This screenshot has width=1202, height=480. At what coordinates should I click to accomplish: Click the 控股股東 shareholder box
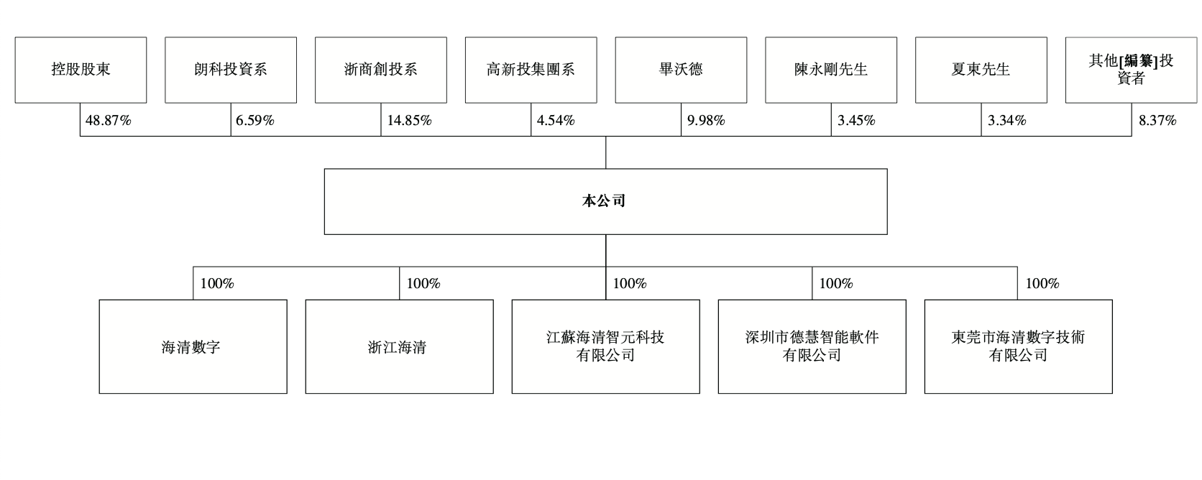coord(81,70)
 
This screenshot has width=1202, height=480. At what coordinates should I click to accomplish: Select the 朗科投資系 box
coord(231,70)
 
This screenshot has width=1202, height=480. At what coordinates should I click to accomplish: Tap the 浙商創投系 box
coord(381,70)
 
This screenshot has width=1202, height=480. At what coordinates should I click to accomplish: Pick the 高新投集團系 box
coord(531,70)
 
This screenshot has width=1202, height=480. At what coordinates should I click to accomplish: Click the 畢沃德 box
coord(681,70)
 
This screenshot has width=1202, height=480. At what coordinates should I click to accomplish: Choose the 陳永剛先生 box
coord(831,70)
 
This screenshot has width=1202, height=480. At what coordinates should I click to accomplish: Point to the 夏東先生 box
coord(981,70)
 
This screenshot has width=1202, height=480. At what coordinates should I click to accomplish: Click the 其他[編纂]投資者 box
coord(1131,70)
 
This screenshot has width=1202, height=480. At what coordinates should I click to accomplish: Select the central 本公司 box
coord(606,202)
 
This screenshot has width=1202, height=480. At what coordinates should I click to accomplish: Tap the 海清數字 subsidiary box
coord(193,346)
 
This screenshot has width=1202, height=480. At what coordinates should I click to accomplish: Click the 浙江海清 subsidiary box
coord(399,346)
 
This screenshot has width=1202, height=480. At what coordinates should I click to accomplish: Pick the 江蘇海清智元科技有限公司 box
coord(606,346)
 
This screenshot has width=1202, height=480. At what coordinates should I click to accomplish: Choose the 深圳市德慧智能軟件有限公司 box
coord(812,346)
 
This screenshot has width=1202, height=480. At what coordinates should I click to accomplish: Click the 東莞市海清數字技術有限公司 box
coord(1019,346)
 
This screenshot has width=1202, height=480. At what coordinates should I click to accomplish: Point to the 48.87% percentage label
coord(109,120)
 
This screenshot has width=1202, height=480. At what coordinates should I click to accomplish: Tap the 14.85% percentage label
coord(410,120)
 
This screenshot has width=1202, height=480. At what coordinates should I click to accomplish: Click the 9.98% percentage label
coord(706,120)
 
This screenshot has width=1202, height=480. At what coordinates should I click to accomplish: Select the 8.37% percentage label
coord(1157,120)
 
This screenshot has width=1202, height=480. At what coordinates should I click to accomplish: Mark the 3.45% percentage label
coord(856,120)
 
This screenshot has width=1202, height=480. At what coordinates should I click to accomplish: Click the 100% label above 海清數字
coord(217,283)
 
